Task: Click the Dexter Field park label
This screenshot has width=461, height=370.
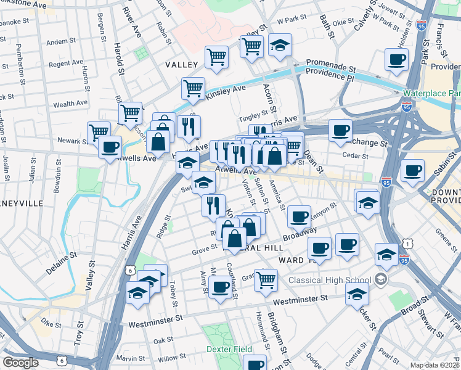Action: click(x=229, y=349)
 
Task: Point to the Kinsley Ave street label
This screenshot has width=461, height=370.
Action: click(x=226, y=91)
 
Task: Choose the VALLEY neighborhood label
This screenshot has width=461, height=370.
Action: click(x=181, y=64)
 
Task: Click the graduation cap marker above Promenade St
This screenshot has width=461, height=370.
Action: click(x=280, y=46)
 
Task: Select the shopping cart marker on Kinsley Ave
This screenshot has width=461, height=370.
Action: click(x=193, y=88)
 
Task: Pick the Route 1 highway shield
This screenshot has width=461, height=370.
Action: click(x=408, y=245)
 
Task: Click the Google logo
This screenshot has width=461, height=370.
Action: click(x=20, y=363)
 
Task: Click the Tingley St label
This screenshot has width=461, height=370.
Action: click(x=254, y=113)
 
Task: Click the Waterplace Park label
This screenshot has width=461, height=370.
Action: click(x=432, y=93)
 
